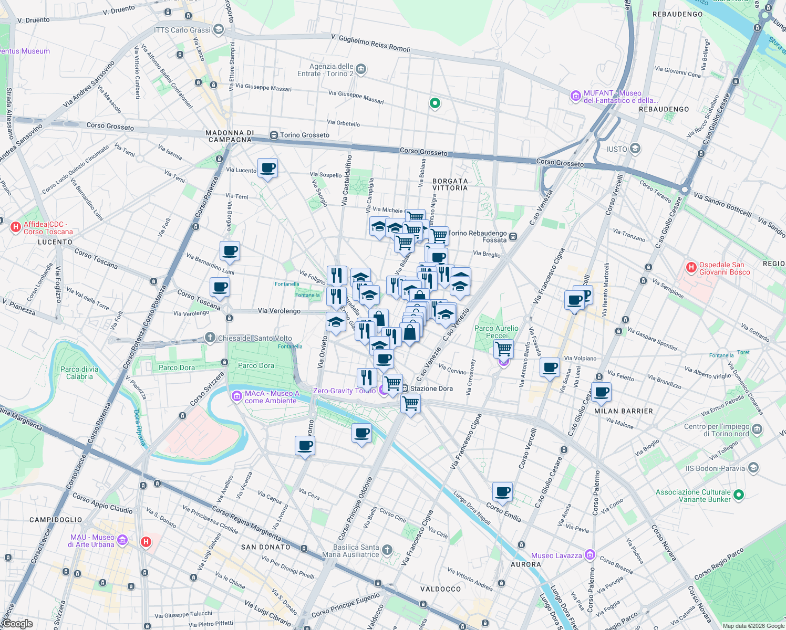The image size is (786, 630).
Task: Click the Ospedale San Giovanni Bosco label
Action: [x=721, y=268]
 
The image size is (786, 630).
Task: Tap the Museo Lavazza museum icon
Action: [x=589, y=555]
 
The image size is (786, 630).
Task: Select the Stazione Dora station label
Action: [x=431, y=388]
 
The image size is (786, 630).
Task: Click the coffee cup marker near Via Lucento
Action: [x=268, y=169]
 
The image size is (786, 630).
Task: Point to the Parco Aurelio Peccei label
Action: [x=496, y=332]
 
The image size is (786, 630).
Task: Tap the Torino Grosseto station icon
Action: [x=274, y=135]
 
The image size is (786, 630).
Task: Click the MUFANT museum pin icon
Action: [x=576, y=96]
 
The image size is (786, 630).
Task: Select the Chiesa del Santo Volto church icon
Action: [x=210, y=338]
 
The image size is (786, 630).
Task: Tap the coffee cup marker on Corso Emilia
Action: [x=503, y=492]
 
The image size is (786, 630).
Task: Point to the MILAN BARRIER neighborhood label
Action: [x=623, y=411]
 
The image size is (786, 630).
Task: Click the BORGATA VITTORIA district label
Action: [x=450, y=184]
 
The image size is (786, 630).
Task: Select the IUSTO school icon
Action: [x=635, y=149]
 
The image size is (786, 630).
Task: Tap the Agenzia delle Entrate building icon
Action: [x=361, y=69]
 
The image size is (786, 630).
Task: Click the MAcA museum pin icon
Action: [x=237, y=395]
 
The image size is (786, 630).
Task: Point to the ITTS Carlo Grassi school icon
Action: [x=219, y=29]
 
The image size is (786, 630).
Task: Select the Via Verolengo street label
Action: [x=279, y=311]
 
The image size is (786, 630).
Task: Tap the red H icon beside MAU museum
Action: [x=146, y=542]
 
